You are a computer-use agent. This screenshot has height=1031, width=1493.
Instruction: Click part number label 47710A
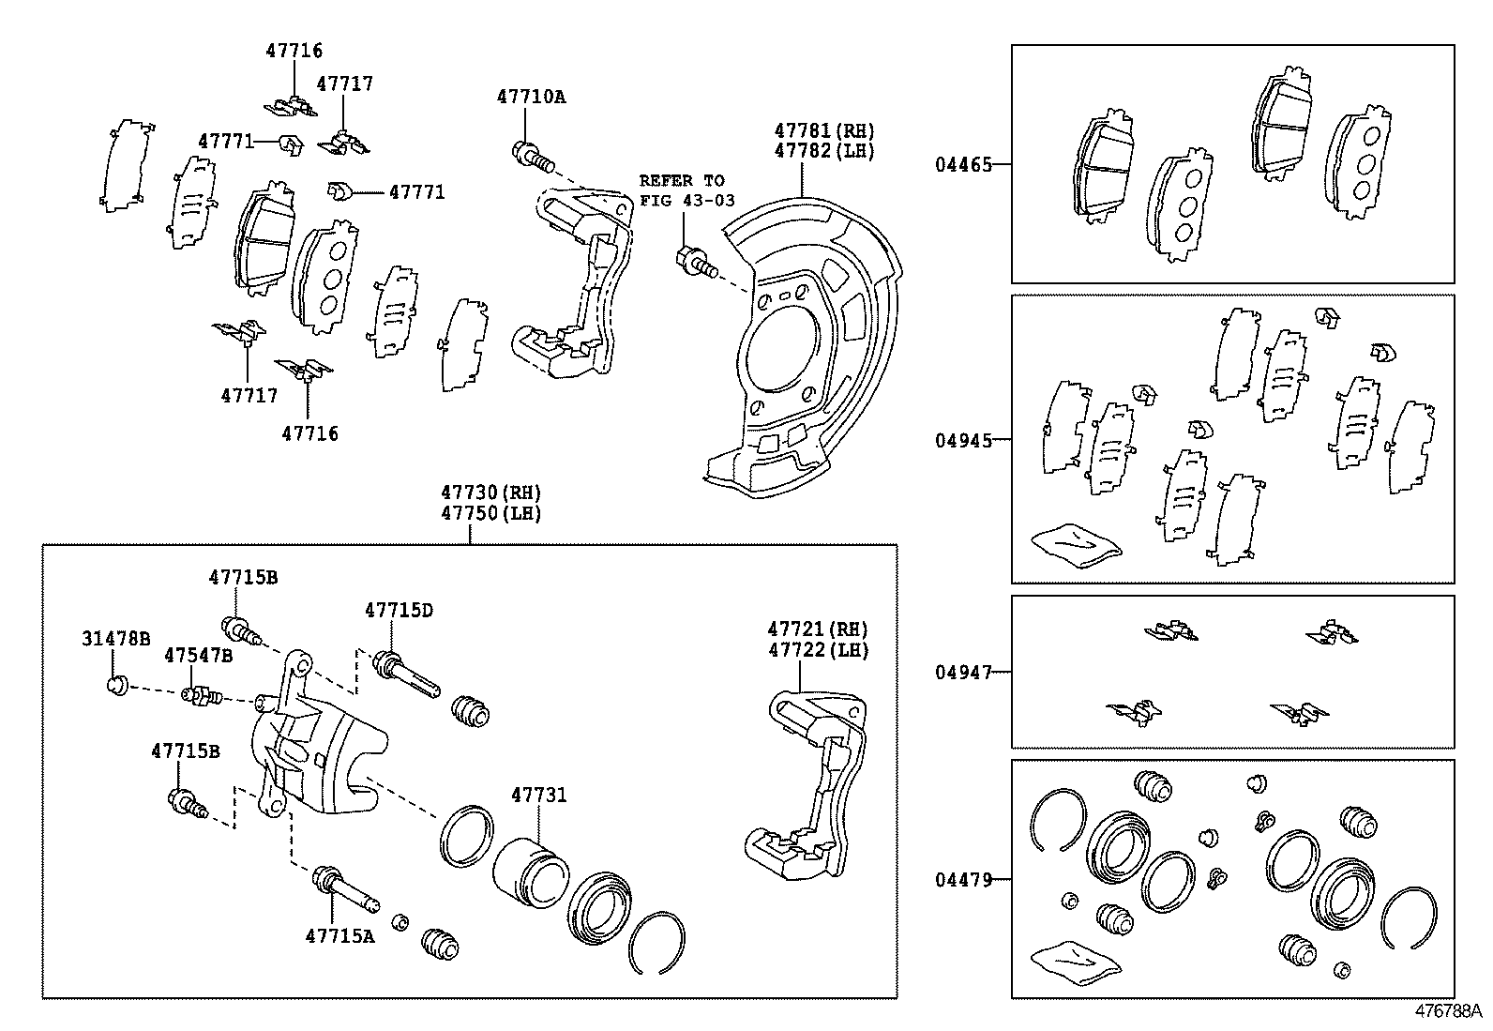531,96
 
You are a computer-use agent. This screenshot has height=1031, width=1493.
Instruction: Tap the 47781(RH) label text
823,130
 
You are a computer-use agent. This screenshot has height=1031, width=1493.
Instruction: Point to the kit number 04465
962,164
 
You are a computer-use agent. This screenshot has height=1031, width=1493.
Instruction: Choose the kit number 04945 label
962,439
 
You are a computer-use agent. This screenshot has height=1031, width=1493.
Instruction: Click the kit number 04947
962,672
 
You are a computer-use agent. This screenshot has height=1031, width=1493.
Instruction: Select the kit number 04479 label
962,879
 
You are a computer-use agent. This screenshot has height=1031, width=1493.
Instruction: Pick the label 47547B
198,654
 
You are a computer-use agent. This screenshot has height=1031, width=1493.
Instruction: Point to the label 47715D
399,610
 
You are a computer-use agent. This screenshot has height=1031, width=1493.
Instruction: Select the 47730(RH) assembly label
491,493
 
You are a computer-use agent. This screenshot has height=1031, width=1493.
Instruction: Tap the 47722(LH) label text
818,650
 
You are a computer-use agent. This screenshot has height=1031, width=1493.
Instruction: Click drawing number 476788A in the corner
1450,1011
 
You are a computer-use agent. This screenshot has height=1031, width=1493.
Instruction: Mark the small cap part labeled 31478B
117,685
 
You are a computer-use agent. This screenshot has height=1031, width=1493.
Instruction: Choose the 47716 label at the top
293,51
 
